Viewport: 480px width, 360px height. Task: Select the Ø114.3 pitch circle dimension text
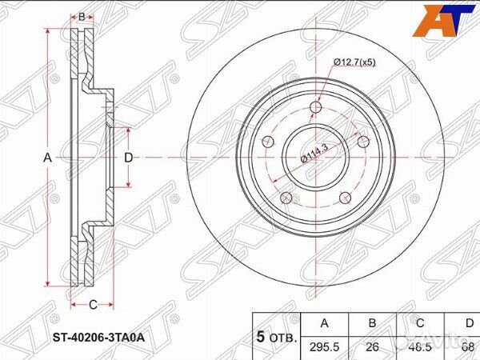314,150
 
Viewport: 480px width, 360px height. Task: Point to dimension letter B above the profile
82,16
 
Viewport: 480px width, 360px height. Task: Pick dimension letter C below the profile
92,304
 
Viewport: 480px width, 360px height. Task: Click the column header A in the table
323,324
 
